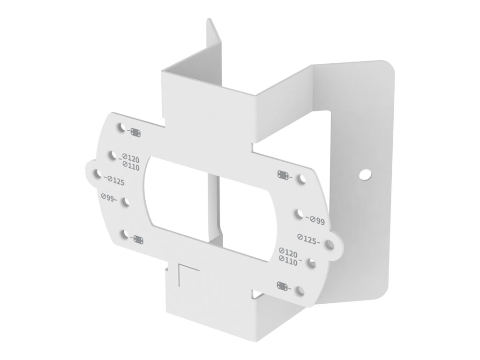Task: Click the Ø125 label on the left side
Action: tap(115, 181)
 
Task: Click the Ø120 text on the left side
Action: tap(131, 158)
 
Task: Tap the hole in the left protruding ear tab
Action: tap(97, 174)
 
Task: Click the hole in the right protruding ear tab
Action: tap(330, 244)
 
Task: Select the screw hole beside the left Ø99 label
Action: tap(125, 202)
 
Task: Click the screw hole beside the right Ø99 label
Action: tap(299, 214)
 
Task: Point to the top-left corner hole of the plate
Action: tap(121, 127)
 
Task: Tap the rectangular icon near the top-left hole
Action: tap(136, 133)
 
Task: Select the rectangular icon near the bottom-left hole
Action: tap(139, 239)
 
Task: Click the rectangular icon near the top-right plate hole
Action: tap(283, 175)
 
